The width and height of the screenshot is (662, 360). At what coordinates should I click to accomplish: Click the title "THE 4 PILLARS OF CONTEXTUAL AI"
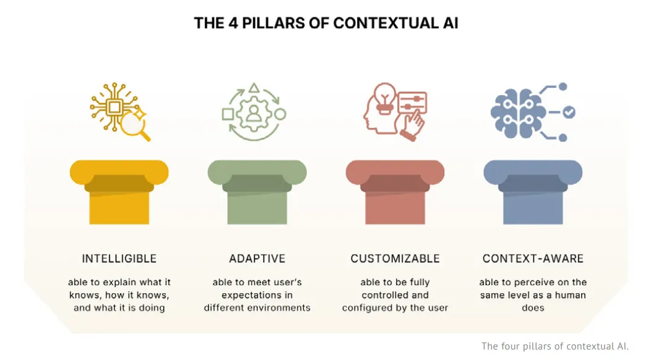[x=326, y=23]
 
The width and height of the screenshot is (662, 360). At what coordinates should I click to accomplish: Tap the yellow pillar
[x=119, y=192]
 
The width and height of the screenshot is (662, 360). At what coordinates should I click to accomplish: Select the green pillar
[x=257, y=192]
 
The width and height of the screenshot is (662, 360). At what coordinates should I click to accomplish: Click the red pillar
[x=395, y=192]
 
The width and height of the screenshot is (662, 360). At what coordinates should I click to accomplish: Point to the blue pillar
[x=533, y=192]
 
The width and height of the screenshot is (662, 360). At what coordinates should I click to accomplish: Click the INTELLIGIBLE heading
[x=119, y=259]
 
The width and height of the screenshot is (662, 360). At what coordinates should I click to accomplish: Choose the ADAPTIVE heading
[x=257, y=259]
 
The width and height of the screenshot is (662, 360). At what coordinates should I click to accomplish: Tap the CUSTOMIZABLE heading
[x=395, y=259]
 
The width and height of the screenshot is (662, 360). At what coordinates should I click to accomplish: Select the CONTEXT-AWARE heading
[x=533, y=259]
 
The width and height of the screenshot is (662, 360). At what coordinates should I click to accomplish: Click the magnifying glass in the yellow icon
[x=135, y=125]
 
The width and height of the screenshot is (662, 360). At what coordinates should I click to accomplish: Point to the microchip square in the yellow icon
[x=114, y=107]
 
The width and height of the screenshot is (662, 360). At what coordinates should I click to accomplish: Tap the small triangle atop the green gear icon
[x=254, y=88]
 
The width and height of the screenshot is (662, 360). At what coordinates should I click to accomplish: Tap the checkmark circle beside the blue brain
[x=569, y=112]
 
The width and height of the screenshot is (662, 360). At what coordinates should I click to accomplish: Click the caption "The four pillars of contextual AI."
[x=555, y=346]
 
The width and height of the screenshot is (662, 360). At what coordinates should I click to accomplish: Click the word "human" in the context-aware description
[x=570, y=295]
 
